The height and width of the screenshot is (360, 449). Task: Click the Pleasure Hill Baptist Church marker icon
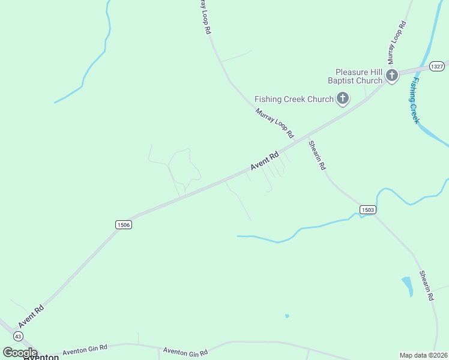[x=392, y=75]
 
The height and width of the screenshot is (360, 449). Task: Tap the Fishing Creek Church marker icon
[x=343, y=98]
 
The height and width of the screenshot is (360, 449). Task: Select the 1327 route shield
[x=437, y=67]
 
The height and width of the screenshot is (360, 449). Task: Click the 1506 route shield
[x=123, y=224]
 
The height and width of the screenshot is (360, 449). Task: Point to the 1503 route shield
[x=368, y=209]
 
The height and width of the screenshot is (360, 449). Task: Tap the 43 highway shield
[x=19, y=336]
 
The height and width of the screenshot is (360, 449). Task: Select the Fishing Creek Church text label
[x=294, y=99]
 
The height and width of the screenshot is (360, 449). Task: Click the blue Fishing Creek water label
[x=414, y=100]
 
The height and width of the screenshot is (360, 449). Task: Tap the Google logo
[x=20, y=352]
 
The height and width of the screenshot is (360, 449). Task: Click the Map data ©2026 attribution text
[x=424, y=355]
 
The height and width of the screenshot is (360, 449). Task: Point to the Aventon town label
[x=41, y=357]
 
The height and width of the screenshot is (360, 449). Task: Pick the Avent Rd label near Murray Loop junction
[x=265, y=162]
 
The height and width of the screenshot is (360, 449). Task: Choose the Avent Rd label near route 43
[x=31, y=316]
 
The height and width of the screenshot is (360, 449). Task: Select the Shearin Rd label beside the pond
[x=426, y=285]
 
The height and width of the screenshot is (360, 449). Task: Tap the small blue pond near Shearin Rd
[x=408, y=285]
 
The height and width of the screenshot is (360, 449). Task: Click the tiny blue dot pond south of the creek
[x=287, y=316]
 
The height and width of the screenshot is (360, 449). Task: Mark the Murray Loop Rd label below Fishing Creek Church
[x=274, y=122]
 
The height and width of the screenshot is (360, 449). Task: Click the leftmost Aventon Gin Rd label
[x=85, y=348]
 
